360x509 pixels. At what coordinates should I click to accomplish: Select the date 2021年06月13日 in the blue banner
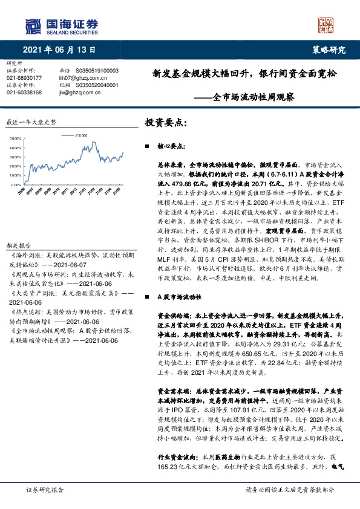click(x=58, y=50)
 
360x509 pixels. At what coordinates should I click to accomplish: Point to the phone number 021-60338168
click(x=24, y=92)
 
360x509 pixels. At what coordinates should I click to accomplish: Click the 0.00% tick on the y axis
click(x=17, y=185)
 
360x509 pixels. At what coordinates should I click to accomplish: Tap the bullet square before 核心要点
click(x=148, y=147)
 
